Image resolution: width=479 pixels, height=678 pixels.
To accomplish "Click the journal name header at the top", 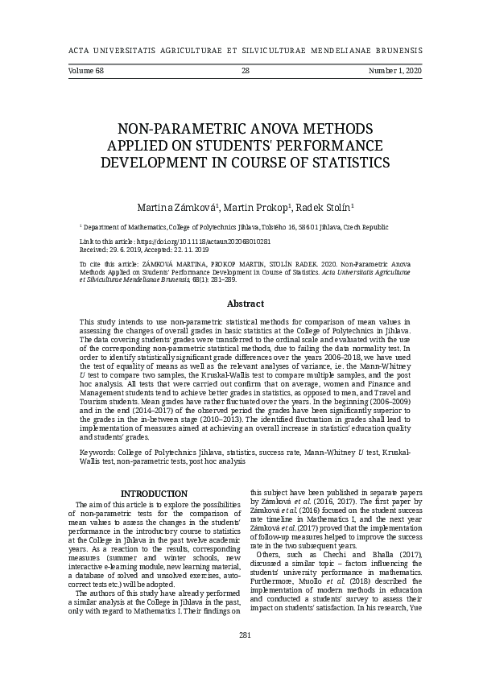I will point(239,49).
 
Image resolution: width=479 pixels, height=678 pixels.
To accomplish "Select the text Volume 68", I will point(75,71).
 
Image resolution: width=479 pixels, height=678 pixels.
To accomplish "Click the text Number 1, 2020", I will point(394,71).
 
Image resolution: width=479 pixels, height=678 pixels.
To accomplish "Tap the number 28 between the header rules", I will point(245,71).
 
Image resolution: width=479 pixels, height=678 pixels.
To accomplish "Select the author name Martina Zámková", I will point(171,209).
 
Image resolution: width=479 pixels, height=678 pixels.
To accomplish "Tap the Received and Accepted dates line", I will point(143,250).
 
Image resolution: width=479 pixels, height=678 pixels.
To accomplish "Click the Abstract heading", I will point(245,304).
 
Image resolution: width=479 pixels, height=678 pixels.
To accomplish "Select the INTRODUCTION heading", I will point(154,494).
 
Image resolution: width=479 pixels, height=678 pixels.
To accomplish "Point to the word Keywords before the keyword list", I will point(99,453).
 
